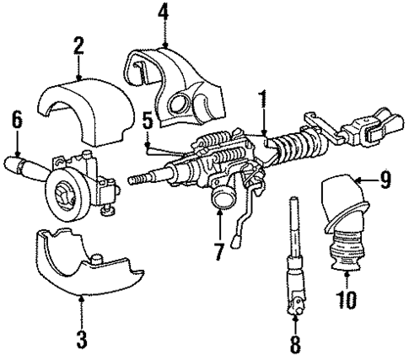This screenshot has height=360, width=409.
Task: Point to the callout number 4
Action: click(x=162, y=13)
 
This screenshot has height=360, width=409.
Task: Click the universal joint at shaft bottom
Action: click(x=296, y=298)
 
